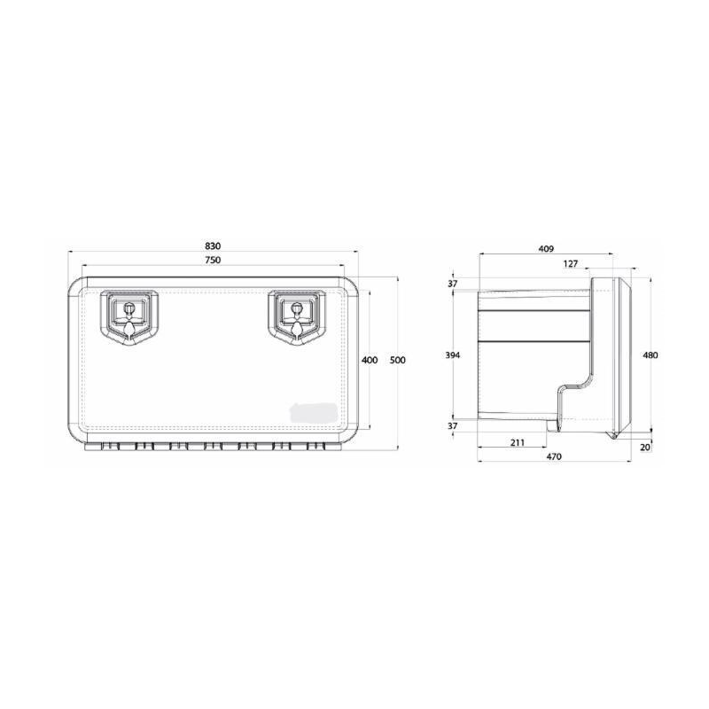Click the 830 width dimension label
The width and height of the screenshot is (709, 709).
coord(213,245)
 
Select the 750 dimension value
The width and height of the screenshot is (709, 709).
coord(213,260)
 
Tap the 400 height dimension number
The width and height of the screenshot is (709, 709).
coord(370,360)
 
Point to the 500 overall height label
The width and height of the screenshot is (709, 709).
coord(397,360)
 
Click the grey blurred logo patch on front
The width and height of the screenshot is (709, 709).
coord(312,411)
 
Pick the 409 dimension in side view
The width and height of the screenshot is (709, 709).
coord(546,249)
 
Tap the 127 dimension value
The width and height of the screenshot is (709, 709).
coord(571,263)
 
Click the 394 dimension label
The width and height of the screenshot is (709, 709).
coord(453,354)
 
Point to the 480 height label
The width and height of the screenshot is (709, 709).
coord(651,354)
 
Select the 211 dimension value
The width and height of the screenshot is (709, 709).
coord(518,442)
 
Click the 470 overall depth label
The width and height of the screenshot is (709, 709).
coord(553,457)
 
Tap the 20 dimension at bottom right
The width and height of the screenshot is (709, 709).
coord(645,447)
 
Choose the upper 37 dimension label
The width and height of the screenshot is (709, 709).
coord(453,283)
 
